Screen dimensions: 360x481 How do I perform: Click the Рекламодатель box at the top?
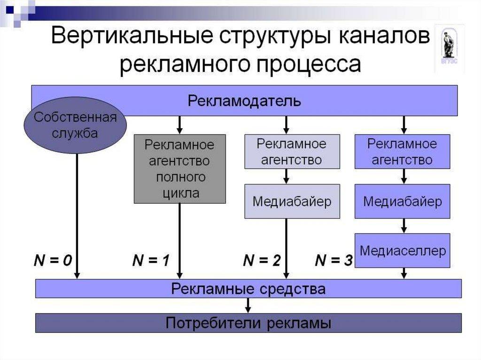[244, 100]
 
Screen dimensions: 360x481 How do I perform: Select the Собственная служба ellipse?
[75, 124]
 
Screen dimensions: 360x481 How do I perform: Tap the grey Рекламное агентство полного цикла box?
[179, 169]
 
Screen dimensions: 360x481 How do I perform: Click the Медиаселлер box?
[403, 251]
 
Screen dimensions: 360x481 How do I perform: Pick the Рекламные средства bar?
[248, 288]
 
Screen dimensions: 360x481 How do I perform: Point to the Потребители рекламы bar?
[248, 323]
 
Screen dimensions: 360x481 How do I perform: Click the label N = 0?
[52, 260]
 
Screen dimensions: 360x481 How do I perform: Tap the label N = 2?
[262, 260]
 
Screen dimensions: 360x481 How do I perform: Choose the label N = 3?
[334, 260]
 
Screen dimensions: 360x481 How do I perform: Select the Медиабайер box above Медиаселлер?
[403, 201]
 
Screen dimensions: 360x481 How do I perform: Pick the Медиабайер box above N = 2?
[292, 201]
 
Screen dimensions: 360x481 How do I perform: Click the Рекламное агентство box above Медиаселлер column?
[403, 151]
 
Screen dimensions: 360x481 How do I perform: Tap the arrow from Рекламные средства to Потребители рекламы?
[248, 306]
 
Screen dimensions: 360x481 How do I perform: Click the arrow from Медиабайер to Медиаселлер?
[403, 226]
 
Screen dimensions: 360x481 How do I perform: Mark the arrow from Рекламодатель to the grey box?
[179, 125]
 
